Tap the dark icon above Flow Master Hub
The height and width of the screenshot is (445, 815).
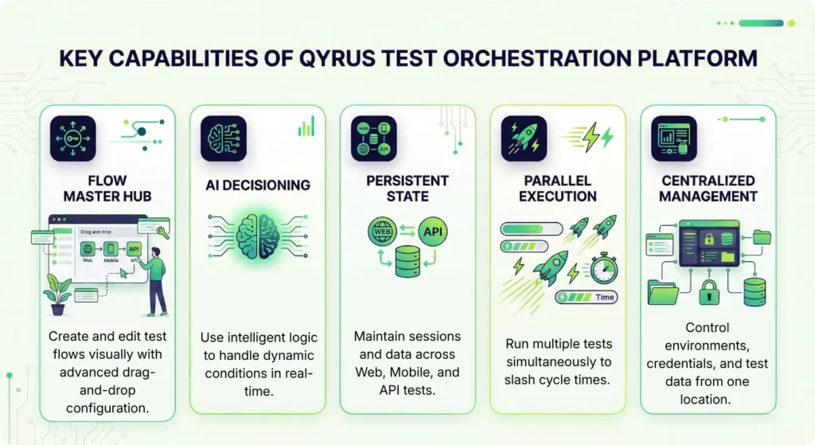(x=72, y=139)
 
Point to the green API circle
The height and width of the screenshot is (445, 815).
(x=433, y=231)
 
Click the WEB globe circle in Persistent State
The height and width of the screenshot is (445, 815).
(x=383, y=231)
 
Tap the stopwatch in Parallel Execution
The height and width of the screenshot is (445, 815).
(x=603, y=267)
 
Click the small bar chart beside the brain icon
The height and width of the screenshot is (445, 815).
(x=306, y=127)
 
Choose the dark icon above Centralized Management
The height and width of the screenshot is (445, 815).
(x=674, y=139)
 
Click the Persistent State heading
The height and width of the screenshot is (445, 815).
(x=407, y=188)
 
